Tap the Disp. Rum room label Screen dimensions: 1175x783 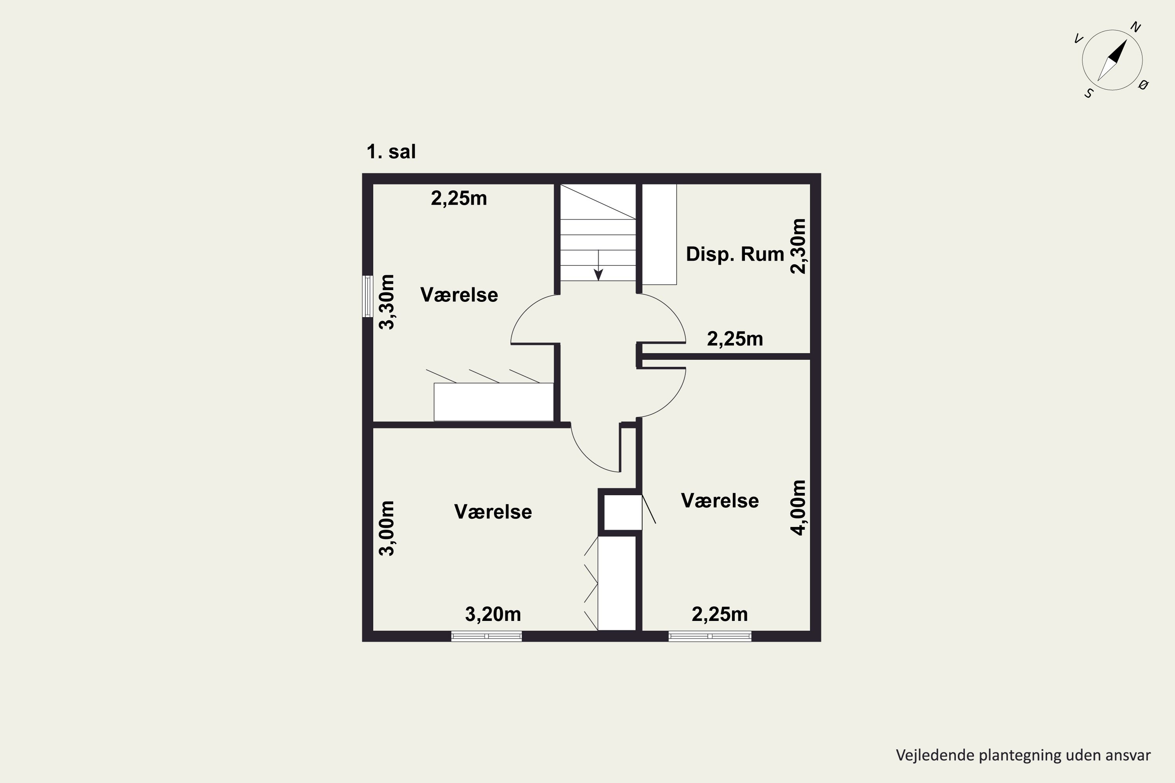click(735, 254)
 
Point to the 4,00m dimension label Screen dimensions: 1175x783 click(798, 508)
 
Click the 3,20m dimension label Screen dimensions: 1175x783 click(493, 614)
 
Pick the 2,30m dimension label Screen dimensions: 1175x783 click(798, 246)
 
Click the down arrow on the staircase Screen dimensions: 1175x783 click(598, 265)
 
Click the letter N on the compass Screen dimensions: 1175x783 click(1135, 27)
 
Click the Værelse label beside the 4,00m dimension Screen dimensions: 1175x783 click(719, 500)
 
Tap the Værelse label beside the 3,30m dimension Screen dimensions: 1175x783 click(459, 295)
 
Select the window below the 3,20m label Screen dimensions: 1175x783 click(486, 636)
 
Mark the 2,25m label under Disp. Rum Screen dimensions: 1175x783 click(735, 339)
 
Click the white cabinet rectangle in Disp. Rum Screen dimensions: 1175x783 click(659, 234)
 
